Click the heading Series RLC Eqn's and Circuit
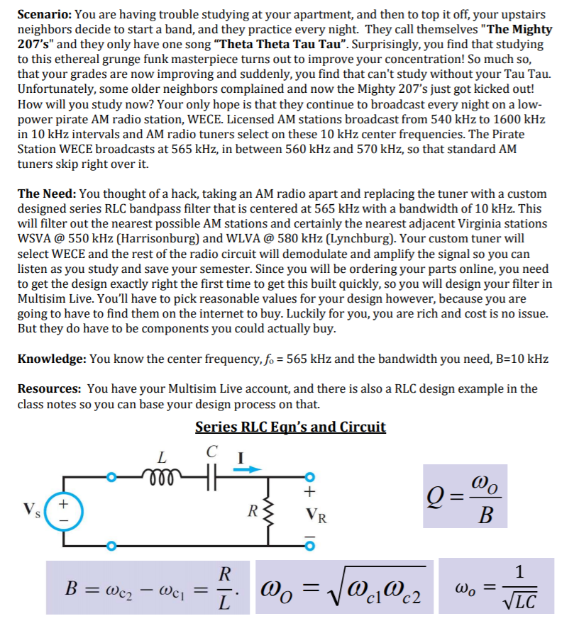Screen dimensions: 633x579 [290, 427]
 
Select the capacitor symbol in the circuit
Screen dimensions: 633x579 [209, 474]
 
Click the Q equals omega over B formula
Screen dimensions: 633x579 [465, 495]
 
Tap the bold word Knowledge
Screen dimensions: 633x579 [51, 359]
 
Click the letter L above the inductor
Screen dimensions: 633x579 [162, 455]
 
